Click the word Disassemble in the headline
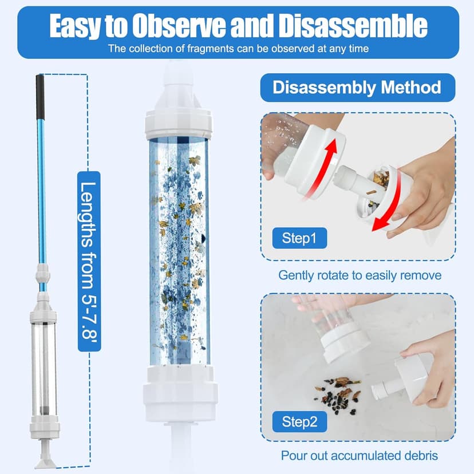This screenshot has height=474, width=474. (x=353, y=26)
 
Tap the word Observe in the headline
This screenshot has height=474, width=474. (x=179, y=26)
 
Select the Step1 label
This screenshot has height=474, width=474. (x=299, y=238)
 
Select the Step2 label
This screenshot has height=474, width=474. (x=299, y=421)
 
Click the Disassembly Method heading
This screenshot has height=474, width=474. (x=357, y=88)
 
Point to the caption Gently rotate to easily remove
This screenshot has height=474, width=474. (x=360, y=275)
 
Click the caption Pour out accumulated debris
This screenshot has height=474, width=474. (x=360, y=455)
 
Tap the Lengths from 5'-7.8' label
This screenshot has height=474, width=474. (x=89, y=261)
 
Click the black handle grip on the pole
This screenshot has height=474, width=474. (x=40, y=97)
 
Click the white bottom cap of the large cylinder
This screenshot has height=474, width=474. (x=180, y=393)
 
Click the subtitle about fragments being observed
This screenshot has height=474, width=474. (x=239, y=49)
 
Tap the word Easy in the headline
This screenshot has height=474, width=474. (x=74, y=26)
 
